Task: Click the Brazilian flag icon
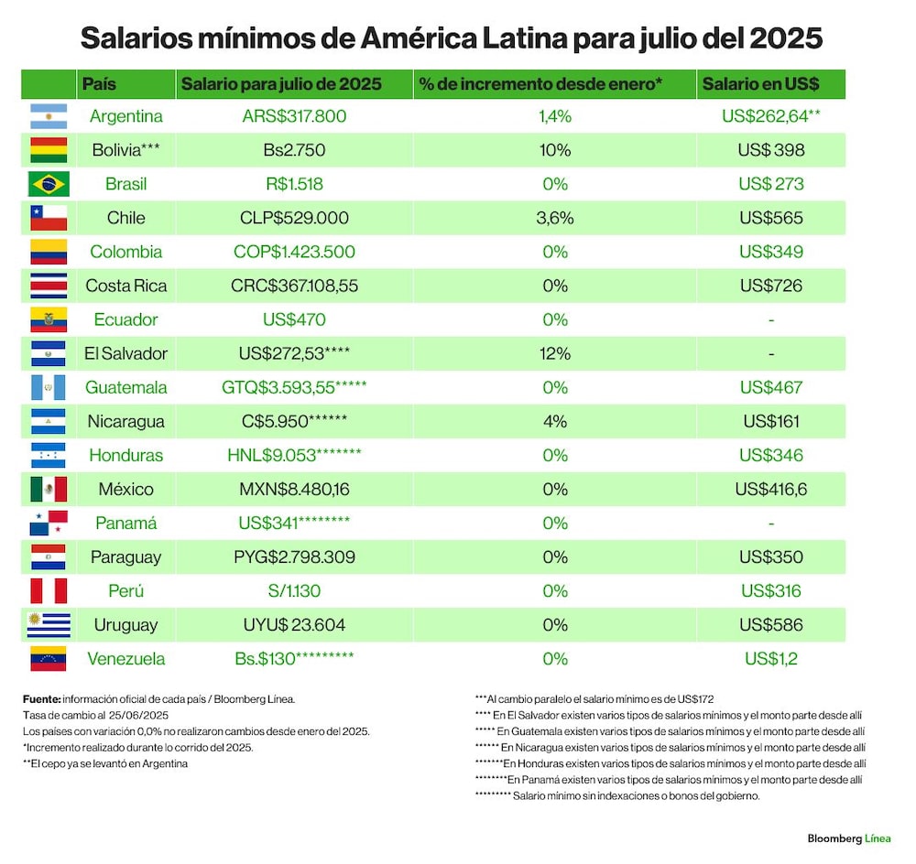49,184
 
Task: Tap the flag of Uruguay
49,624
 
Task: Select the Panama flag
49,524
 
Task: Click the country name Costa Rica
126,286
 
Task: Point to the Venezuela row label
126,658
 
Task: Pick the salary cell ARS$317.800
294,116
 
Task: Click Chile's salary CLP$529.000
294,218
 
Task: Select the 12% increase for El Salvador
555,353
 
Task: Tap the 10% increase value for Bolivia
555,150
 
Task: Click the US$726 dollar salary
771,286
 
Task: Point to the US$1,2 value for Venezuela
771,658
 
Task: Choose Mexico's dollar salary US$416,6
771,490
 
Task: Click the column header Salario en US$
760,84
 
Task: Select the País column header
99,84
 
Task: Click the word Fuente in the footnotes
41,698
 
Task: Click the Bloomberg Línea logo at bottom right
849,838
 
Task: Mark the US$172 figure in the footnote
696,698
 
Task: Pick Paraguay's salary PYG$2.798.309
294,556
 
